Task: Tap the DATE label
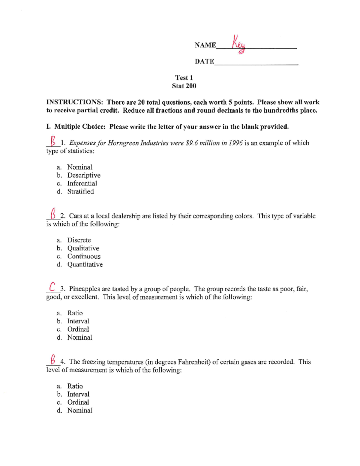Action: point(204,62)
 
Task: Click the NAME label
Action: point(205,45)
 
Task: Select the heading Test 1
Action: point(184,78)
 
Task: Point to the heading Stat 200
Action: point(184,86)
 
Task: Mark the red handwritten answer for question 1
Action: point(53,140)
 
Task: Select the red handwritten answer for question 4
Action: point(53,359)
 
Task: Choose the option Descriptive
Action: point(84,175)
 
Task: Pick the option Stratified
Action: point(80,191)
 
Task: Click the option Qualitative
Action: point(83,248)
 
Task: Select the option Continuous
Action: point(84,256)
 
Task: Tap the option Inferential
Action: point(82,183)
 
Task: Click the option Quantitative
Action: point(85,264)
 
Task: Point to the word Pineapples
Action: point(84,289)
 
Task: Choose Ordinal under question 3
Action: point(78,329)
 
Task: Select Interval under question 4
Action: point(78,394)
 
